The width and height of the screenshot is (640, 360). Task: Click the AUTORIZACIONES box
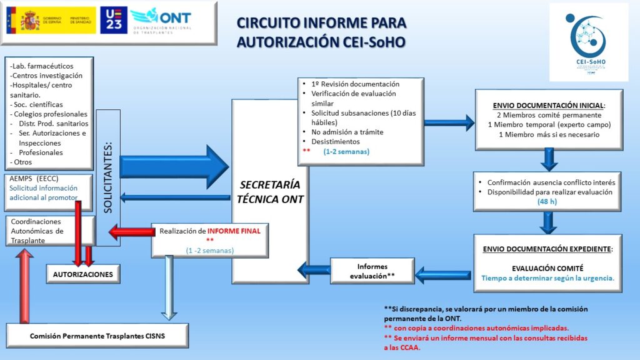click(82, 274)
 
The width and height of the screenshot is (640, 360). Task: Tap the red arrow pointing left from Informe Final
click(130, 233)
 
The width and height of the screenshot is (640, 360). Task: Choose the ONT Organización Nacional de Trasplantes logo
click(163, 21)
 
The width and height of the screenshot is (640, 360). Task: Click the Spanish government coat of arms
click(29, 21)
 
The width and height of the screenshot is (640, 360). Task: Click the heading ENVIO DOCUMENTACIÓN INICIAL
click(549, 105)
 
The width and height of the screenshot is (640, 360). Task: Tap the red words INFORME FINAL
click(234, 231)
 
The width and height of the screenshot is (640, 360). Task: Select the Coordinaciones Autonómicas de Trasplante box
click(50, 231)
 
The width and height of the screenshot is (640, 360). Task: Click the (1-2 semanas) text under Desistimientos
click(346, 151)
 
